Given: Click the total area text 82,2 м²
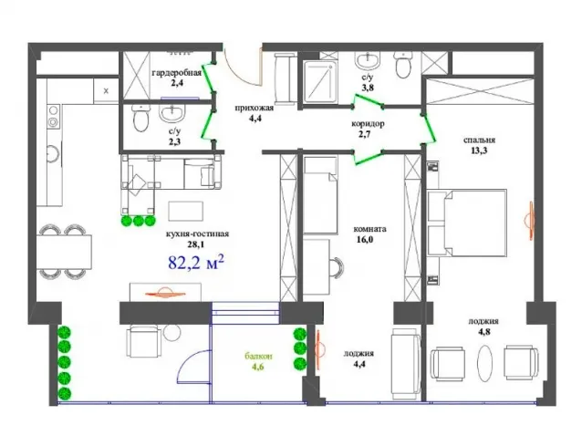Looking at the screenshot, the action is pyautogui.click(x=196, y=263).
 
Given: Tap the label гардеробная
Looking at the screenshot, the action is pyautogui.click(x=177, y=72).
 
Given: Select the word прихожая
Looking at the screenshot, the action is pyautogui.click(x=255, y=108).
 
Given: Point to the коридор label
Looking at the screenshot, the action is pyautogui.click(x=368, y=123).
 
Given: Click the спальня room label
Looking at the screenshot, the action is pyautogui.click(x=479, y=140).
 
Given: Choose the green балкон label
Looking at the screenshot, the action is pyautogui.click(x=258, y=357).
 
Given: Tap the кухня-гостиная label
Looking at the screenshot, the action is pyautogui.click(x=197, y=234).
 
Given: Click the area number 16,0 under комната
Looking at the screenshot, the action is pyautogui.click(x=365, y=240).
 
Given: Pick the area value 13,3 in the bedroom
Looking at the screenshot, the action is pyautogui.click(x=479, y=151).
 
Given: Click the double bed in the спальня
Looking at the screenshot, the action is pyautogui.click(x=467, y=223).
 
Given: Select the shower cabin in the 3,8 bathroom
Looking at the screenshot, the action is pyautogui.click(x=321, y=81).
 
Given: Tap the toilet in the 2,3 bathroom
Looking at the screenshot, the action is pyautogui.click(x=141, y=118).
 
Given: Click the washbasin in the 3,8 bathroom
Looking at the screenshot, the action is pyautogui.click(x=369, y=60).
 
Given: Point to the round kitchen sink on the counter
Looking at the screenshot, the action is pyautogui.click(x=53, y=152).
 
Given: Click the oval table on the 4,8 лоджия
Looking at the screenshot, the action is pyautogui.click(x=484, y=363).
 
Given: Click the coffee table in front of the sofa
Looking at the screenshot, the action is pyautogui.click(x=185, y=211).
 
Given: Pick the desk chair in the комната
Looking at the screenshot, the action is pyautogui.click(x=337, y=267).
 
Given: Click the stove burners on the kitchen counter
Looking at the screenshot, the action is pyautogui.click(x=54, y=116).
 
